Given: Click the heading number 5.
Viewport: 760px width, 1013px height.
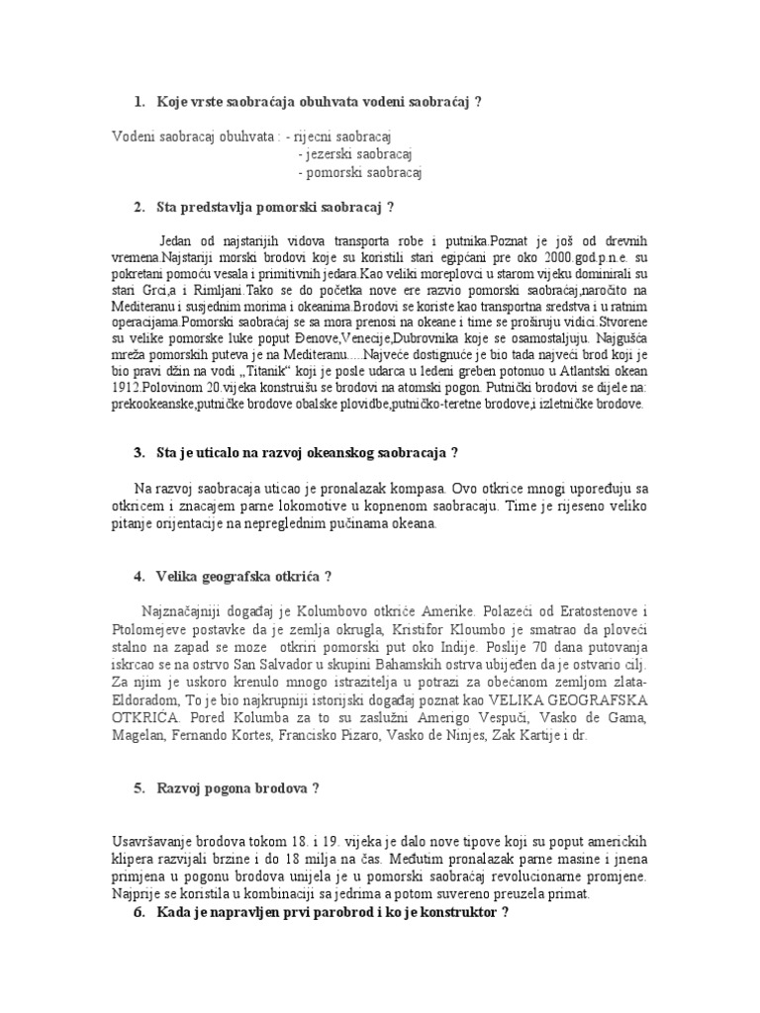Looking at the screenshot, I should point(138,788).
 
